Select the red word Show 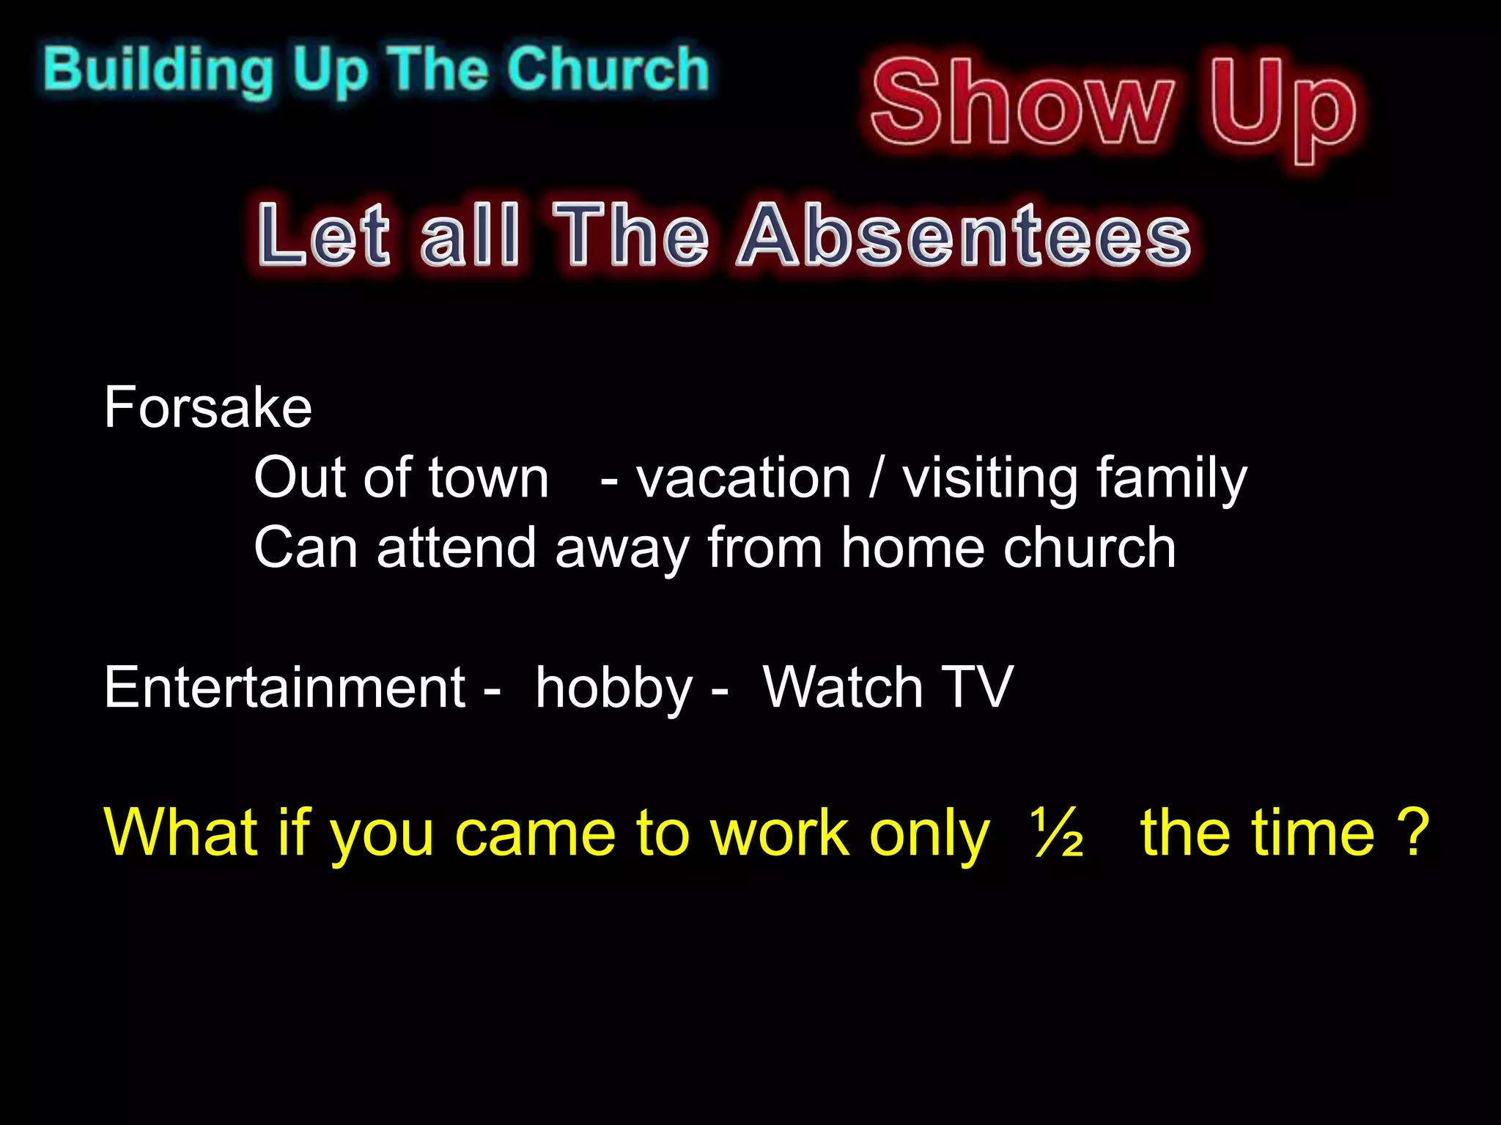point(1022,103)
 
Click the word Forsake point(208,407)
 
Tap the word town point(488,478)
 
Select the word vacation point(743,478)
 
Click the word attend point(456,548)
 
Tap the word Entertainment point(284,688)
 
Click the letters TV point(976,688)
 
